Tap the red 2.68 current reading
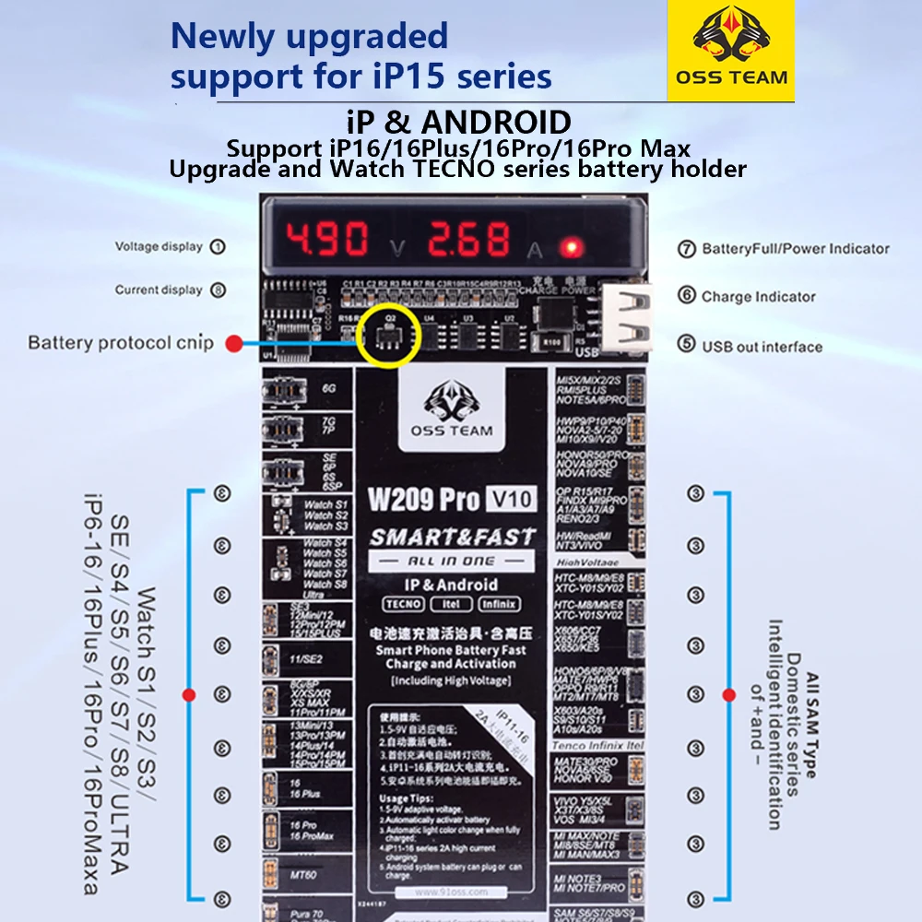tap(467, 240)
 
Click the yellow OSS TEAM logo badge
tap(730, 51)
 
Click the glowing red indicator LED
tap(573, 247)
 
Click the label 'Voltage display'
tap(159, 246)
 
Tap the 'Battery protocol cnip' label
tap(121, 343)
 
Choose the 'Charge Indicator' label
tap(758, 297)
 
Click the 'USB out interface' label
tap(762, 347)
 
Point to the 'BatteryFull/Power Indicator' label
tap(796, 248)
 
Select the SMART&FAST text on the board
tap(452, 537)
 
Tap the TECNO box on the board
tap(403, 604)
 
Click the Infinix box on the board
tap(499, 604)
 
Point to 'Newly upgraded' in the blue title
tap(309, 37)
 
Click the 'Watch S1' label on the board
tap(325, 505)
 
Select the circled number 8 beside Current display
tap(219, 290)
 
